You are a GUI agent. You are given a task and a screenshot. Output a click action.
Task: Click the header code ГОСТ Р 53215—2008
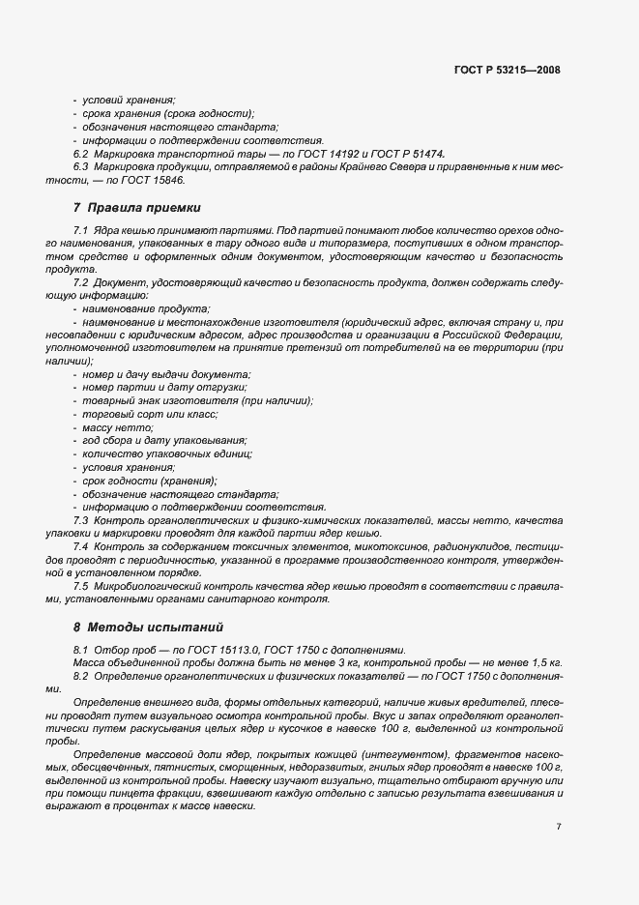[x=507, y=70]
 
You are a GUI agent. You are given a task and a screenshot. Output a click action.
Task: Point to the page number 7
[x=559, y=827]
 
